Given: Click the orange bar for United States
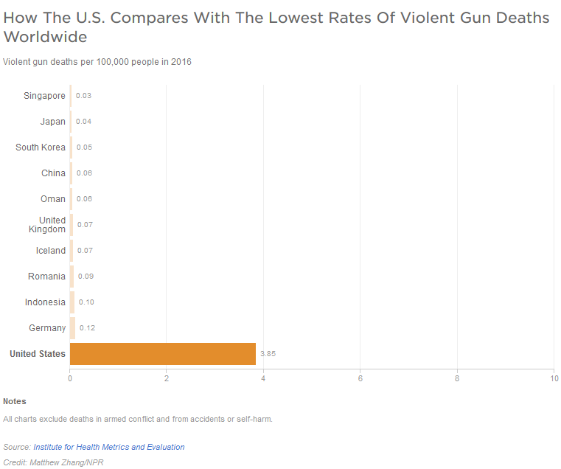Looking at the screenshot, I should (x=162, y=354).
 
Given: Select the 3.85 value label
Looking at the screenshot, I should (x=268, y=354).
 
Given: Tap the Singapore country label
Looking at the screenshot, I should (x=44, y=96).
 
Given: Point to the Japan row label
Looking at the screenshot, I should (x=52, y=122).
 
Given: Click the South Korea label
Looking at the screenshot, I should (x=41, y=147).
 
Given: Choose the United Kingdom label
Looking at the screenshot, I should (x=52, y=225).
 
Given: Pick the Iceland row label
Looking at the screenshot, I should (x=51, y=251).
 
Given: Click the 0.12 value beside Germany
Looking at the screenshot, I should (x=87, y=328).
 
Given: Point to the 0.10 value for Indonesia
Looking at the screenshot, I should (x=86, y=302).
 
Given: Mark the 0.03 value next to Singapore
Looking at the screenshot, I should (x=83, y=96).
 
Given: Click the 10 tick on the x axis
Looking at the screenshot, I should (x=554, y=379).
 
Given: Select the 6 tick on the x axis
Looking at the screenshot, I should (x=360, y=379).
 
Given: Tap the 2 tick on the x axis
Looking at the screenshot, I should (x=167, y=379).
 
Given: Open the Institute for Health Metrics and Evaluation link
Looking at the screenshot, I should (x=109, y=447).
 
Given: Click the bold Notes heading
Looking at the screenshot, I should (x=15, y=401).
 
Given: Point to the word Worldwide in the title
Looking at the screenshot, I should (x=45, y=37).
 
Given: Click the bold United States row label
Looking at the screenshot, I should (x=38, y=354).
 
